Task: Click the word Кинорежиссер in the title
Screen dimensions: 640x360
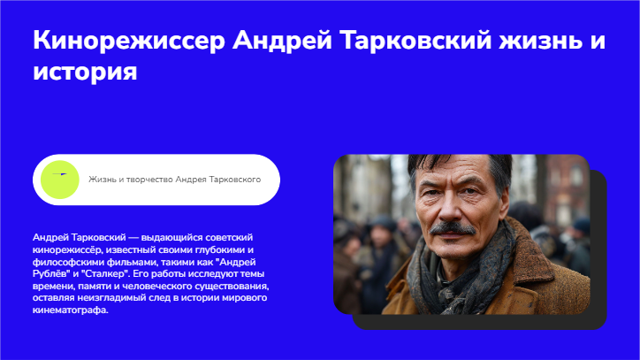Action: [x=129, y=42]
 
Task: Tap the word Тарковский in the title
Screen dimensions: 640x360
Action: [x=415, y=42]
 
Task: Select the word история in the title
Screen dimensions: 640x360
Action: [x=85, y=72]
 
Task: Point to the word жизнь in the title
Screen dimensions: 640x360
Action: [x=540, y=42]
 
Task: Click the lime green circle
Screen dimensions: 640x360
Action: [x=59, y=180]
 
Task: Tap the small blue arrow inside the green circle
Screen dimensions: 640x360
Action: [x=59, y=174]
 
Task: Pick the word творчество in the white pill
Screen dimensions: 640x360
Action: [x=149, y=180]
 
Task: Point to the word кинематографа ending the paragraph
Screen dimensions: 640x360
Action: [x=70, y=310]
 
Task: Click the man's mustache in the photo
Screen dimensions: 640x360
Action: [x=453, y=228]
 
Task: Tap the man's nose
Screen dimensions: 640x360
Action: [x=449, y=206]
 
